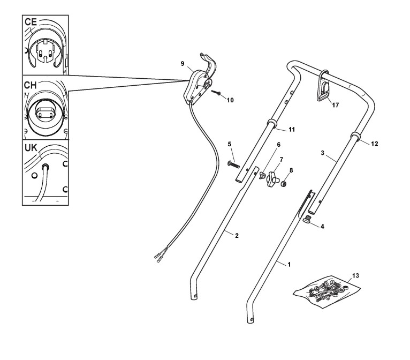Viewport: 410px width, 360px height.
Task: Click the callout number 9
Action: [183, 63]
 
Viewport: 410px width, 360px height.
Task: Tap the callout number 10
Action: [231, 99]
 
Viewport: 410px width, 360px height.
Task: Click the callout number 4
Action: [322, 226]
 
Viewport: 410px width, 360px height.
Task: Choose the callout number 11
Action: [292, 130]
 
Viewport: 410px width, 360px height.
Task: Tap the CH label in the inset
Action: [31, 86]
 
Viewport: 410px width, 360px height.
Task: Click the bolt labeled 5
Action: [234, 164]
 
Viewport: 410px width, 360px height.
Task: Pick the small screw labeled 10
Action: [217, 92]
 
